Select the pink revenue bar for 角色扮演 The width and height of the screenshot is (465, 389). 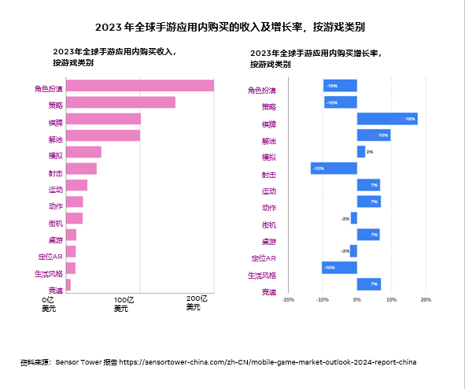click(x=140, y=86)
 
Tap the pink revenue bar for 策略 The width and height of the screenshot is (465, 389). click(x=120, y=102)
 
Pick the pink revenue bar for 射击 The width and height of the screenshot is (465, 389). click(x=81, y=169)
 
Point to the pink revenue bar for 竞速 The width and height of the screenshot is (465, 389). click(x=68, y=284)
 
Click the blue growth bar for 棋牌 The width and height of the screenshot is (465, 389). click(x=386, y=119)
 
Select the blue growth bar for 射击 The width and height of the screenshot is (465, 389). click(x=334, y=169)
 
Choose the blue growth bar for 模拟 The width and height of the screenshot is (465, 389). click(x=360, y=152)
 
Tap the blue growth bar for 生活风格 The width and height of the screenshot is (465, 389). click(x=339, y=268)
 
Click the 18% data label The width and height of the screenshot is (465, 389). click(x=410, y=119)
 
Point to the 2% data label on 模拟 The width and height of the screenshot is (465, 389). click(x=370, y=152)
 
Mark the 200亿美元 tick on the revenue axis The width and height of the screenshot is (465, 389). click(x=195, y=303)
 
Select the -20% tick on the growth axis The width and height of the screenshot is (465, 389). click(x=288, y=300)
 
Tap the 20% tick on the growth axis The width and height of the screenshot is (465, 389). click(x=426, y=300)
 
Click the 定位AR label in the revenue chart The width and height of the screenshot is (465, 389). click(x=51, y=257)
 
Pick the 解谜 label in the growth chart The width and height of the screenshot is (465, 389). click(x=268, y=141)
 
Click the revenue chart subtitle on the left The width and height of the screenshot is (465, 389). click(x=114, y=57)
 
